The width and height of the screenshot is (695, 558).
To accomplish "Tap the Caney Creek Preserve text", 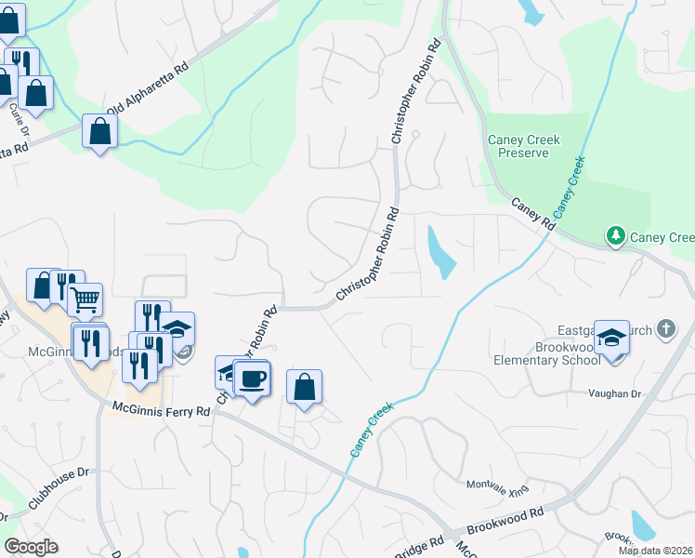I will pos(524,146).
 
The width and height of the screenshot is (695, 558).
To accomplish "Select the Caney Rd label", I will pos(532,213).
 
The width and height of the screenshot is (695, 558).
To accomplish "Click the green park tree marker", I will pos(615,237).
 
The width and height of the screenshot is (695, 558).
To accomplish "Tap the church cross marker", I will pos(665,329).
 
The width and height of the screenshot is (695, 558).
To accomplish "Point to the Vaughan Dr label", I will pos(614,394).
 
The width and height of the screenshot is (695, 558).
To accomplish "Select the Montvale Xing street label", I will pos(496,485).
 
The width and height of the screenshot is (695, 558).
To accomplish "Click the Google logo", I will pos(31,546).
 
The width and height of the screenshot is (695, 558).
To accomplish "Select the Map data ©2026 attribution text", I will pos(655,551).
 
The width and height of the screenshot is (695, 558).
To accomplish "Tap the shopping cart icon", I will pos(85,299).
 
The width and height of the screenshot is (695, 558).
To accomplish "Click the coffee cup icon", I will pos(252,378).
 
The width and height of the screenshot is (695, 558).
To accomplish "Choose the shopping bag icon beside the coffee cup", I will pos(305,386).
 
